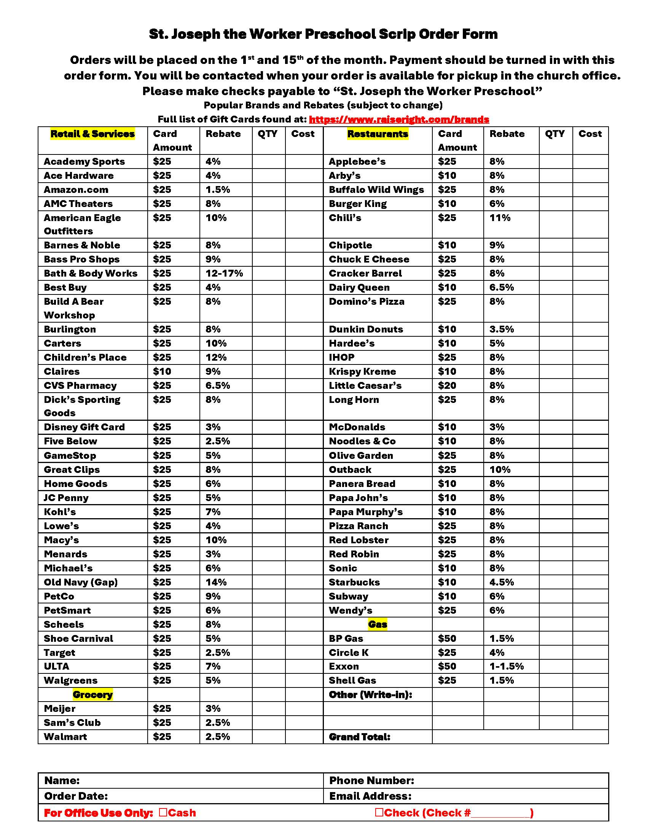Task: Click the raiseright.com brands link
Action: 398,119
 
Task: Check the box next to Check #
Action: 379,812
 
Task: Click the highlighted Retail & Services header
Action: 92,134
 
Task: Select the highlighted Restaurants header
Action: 378,134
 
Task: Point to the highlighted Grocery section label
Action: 92,694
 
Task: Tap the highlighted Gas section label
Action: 378,624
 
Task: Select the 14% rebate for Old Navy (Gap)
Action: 216,582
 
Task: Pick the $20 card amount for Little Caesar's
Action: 447,385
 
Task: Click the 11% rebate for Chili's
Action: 500,218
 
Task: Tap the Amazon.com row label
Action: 76,190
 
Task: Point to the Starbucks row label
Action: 354,582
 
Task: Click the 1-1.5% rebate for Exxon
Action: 506,667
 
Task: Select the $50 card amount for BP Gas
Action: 447,638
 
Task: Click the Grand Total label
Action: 360,737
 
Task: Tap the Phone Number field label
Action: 371,781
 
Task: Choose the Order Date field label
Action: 76,796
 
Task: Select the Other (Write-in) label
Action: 370,694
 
